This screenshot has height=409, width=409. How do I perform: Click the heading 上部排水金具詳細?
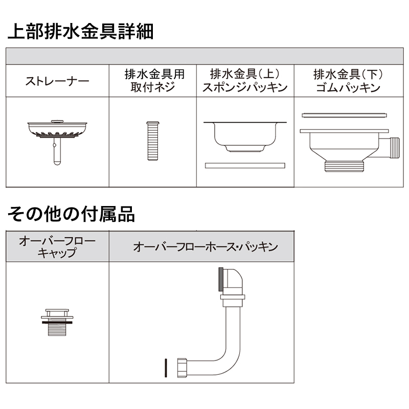pos(81,32)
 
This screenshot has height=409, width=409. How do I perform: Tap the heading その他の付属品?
pos(71,214)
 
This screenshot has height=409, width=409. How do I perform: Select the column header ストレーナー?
pos(57,81)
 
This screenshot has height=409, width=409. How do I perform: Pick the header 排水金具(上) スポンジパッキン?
pos(245,81)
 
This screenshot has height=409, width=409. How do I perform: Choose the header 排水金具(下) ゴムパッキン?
pos(348,81)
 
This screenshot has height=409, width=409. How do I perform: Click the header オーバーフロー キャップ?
pos(57,246)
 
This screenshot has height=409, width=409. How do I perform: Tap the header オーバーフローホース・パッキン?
pos(206,247)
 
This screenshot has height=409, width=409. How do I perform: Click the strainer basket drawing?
pos(57,129)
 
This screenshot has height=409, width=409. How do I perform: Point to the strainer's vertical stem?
pos(57,151)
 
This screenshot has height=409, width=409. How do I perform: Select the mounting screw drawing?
pos(153,141)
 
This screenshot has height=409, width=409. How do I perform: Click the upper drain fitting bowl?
pos(245,137)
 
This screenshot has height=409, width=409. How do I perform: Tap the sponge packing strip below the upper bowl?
pos(245,166)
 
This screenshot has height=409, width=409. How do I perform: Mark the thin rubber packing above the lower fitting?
pos(344,115)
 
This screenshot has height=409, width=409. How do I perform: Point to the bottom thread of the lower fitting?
pos(344,166)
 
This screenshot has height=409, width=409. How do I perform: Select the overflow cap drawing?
pos(57,323)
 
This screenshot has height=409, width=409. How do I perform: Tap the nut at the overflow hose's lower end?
pos(182,368)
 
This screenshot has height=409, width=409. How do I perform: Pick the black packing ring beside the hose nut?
pos(166,368)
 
